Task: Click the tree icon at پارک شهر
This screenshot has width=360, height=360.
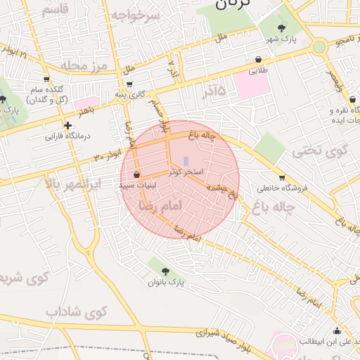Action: coord(282,29)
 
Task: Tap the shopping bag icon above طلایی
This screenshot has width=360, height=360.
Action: coord(259,60)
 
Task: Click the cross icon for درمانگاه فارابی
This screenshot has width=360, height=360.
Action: coord(67,126)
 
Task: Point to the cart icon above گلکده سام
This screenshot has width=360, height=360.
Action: coord(46,79)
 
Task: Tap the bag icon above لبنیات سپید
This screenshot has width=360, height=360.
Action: coord(136,174)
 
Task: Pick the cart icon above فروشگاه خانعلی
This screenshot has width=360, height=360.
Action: coord(282,177)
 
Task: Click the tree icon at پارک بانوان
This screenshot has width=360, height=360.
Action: coord(165,271)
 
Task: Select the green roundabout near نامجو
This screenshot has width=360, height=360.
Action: coord(319,47)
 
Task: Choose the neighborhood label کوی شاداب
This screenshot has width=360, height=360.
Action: coord(76,311)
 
